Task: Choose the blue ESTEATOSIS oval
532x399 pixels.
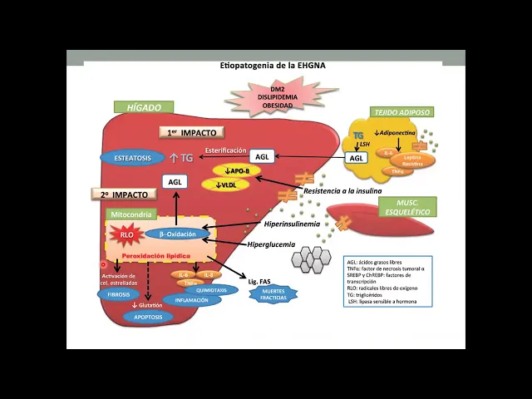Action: point(132,156)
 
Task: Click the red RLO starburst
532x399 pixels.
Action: point(126,234)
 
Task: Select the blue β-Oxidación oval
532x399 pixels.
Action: point(178,234)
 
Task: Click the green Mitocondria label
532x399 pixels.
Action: point(131,214)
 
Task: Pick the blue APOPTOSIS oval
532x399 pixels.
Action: point(147,317)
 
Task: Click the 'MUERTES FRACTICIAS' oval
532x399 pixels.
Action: point(273,295)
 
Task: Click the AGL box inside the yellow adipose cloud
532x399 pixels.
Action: point(357,158)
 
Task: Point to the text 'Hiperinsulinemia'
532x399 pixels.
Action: point(292,224)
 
